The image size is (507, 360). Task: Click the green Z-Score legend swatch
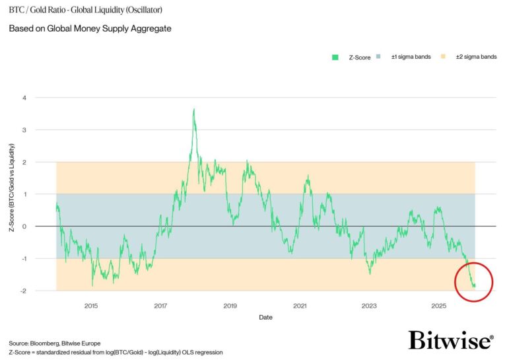click(x=335, y=57)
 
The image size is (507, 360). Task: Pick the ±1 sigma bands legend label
click(x=411, y=57)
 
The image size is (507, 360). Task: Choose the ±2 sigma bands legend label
click(x=475, y=57)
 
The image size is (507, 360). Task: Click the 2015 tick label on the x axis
click(x=91, y=306)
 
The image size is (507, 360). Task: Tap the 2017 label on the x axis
click(x=160, y=306)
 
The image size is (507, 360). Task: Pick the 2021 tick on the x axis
click(x=300, y=306)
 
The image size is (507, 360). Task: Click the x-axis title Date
click(x=265, y=317)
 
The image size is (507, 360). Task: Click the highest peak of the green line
click(x=193, y=109)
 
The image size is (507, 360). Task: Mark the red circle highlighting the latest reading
click(x=474, y=281)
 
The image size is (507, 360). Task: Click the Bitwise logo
click(x=450, y=341)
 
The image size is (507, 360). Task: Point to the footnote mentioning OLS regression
click(x=116, y=353)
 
